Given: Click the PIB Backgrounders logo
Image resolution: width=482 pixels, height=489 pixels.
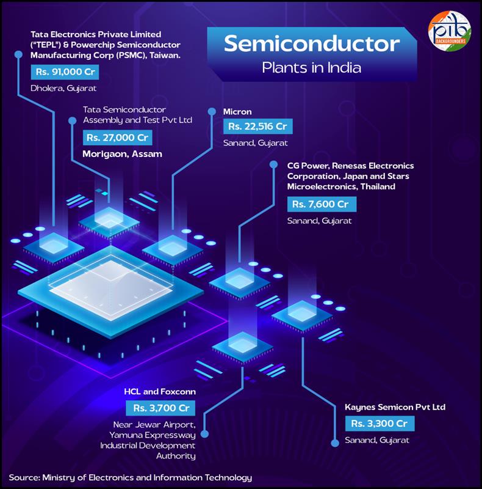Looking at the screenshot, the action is tap(449, 31).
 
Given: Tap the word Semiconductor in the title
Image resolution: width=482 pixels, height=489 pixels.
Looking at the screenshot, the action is tap(312, 43).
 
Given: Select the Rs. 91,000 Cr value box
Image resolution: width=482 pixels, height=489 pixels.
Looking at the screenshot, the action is tap(65, 72).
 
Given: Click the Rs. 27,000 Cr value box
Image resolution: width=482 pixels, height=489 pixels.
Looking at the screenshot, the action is tap(117, 138).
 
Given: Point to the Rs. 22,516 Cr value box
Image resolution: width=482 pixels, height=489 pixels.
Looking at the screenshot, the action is tap(258, 127).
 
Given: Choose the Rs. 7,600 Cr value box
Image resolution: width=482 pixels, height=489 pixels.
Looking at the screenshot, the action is tap(322, 204).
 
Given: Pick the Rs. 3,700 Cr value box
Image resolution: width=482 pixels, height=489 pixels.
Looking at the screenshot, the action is tap(160, 408).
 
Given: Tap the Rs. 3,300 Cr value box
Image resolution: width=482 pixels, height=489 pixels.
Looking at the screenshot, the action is tap(380, 424).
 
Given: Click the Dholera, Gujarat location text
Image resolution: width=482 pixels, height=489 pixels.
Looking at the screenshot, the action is tap(63, 89).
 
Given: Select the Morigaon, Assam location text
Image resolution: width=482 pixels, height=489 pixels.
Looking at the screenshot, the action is tap(123, 154).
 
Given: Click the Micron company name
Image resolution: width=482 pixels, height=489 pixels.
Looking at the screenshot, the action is tap(237, 112).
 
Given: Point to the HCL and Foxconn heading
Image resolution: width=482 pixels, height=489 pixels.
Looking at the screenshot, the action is tap(160, 392).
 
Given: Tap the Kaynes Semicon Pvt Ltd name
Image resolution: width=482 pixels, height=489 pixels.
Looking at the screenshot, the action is tap(395, 407).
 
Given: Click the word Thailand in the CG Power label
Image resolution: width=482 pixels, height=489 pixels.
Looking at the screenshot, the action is tap(378, 186).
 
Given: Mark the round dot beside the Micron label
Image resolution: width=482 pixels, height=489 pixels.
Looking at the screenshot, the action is tap(212, 111).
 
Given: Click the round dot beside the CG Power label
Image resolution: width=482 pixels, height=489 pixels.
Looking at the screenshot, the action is tap(274, 164).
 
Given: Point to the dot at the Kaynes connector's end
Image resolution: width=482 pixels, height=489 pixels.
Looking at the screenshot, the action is tap(335, 443).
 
